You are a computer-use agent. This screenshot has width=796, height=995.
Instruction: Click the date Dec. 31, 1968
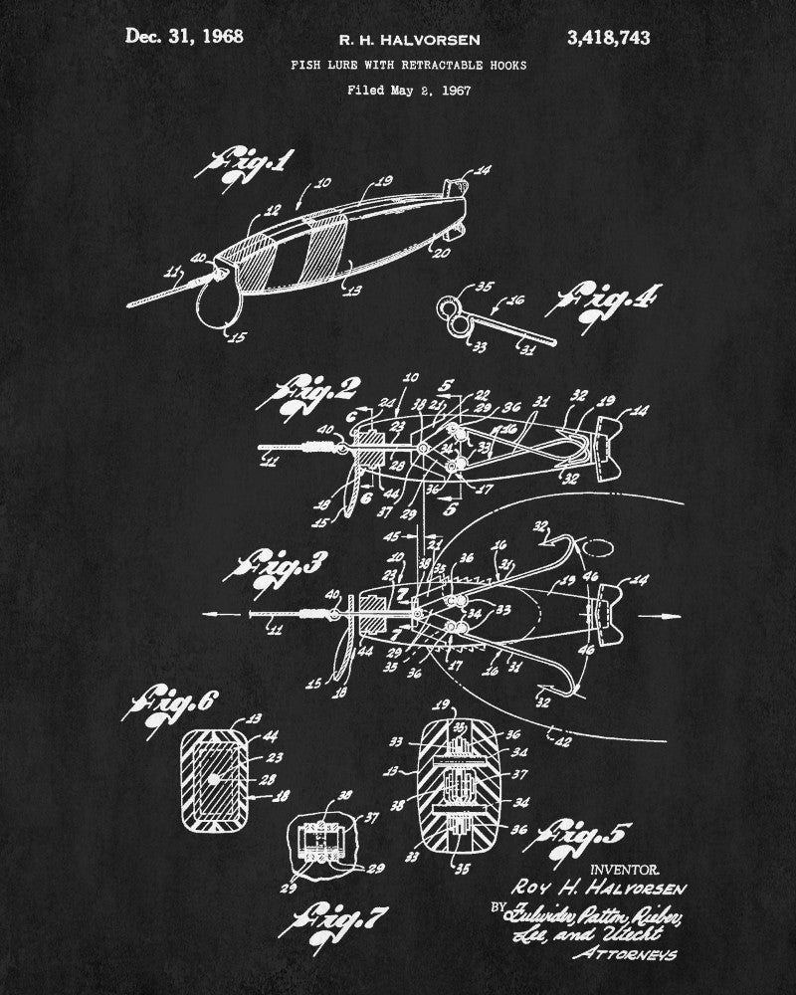(x=184, y=38)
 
